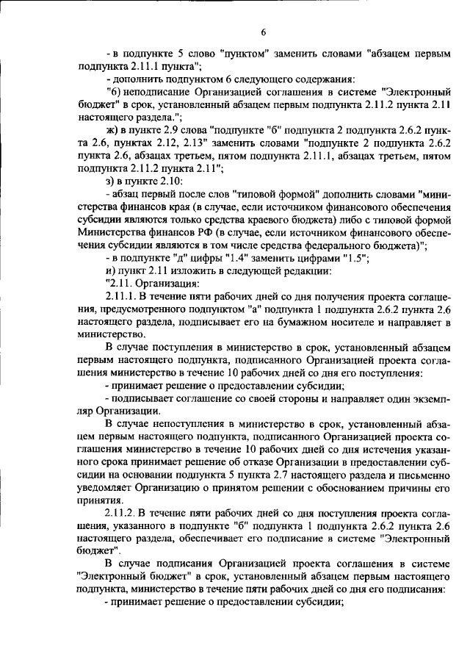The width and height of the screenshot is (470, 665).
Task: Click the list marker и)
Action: [112, 270]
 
